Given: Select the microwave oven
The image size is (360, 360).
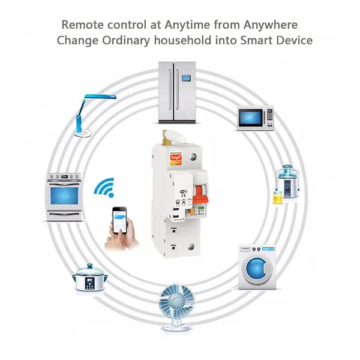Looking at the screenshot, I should click(x=255, y=118).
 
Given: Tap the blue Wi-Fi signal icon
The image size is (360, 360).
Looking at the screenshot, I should click(x=104, y=190).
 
